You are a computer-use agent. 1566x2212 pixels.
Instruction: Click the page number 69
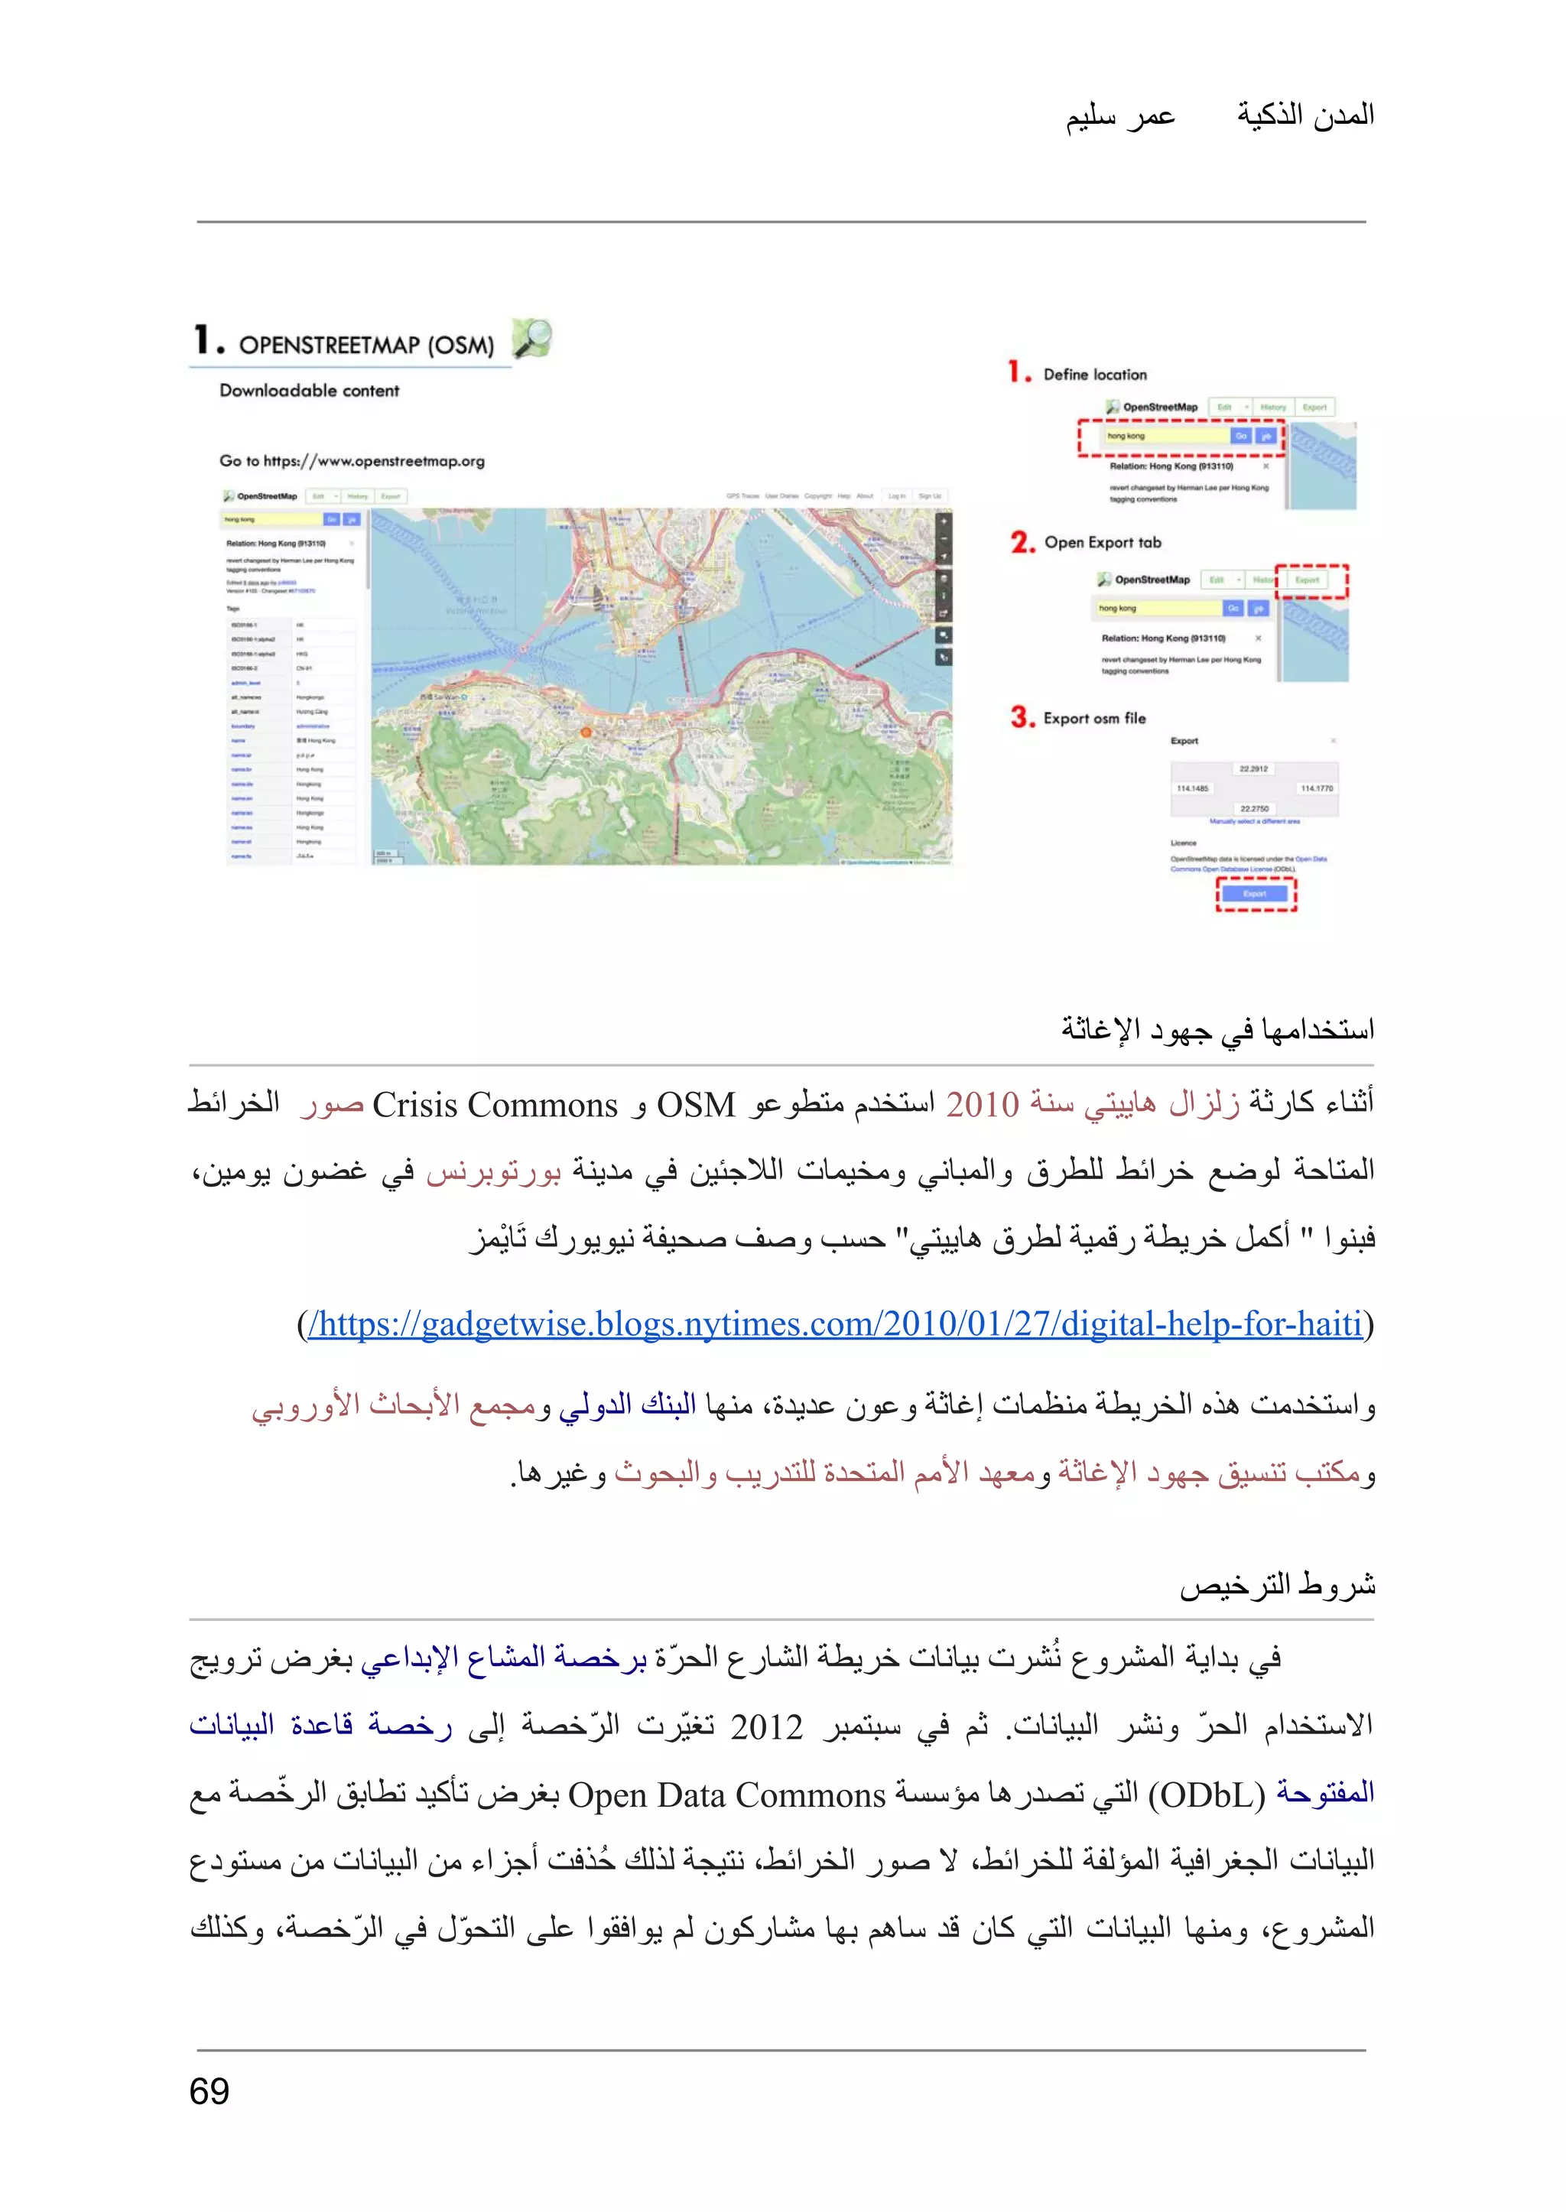coord(210,2091)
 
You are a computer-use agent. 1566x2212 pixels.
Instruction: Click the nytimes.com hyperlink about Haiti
coord(835,1324)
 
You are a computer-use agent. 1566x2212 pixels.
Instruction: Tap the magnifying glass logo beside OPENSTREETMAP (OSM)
coord(531,339)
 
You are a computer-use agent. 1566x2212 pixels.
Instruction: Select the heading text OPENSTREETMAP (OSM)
coord(366,345)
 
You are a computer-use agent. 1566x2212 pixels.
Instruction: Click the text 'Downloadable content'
coord(309,391)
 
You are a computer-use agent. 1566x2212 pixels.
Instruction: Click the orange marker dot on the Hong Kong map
coord(585,732)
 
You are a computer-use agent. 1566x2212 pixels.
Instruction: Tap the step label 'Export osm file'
coord(1094,719)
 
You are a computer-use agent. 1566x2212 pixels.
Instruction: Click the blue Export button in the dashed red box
coord(1255,894)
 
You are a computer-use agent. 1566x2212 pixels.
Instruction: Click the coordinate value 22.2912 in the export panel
coord(1252,768)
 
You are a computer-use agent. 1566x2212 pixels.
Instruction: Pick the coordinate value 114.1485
coord(1192,788)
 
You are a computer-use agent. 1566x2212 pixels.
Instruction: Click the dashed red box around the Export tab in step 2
coord(1311,580)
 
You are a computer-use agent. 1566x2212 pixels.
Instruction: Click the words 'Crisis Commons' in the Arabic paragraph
coord(495,1105)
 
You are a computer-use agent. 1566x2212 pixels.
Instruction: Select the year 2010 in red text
coord(982,1105)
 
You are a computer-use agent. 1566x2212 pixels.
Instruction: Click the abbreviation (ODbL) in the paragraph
coord(1205,1795)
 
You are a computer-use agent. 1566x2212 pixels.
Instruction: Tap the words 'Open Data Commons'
coord(726,1795)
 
